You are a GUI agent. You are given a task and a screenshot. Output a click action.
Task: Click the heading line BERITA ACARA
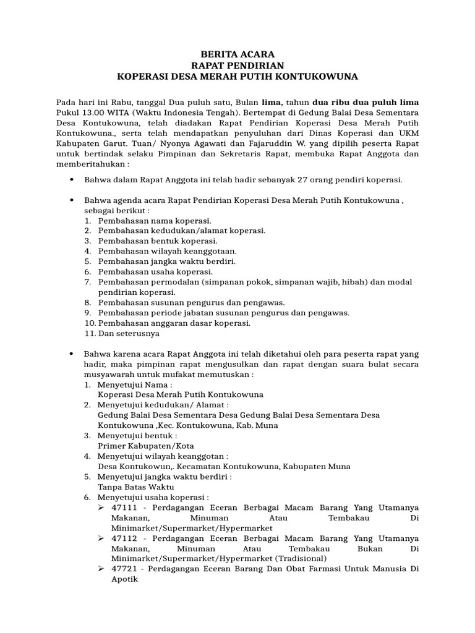click(237, 54)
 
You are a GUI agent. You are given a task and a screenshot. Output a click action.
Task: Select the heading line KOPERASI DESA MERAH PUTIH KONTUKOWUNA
click(237, 77)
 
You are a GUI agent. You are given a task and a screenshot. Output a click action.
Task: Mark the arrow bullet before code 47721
click(102, 569)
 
